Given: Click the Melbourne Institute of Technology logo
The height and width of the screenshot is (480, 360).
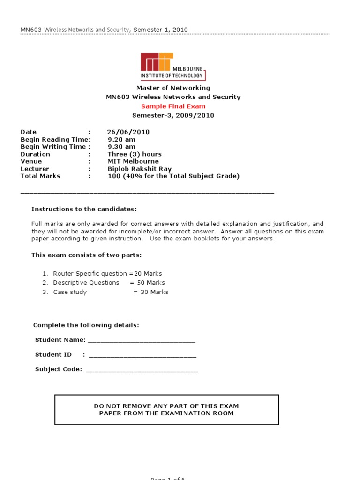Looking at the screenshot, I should coord(173,67).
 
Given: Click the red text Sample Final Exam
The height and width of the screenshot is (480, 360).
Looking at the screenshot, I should coord(173,106).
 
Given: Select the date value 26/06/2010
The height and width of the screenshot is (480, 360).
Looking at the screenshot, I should coord(128,132).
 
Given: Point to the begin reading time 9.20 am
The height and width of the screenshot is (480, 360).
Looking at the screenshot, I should coord(121,139).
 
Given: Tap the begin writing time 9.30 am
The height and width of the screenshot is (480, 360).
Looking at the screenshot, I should coord(121,147).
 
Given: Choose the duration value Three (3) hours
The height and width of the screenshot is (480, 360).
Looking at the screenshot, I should coord(135,154).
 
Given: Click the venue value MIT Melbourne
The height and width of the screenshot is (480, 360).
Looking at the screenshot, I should coord(133,161).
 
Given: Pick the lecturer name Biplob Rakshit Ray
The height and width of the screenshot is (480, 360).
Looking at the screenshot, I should coord(140,169).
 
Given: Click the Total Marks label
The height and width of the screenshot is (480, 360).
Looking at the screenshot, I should coord(40,176).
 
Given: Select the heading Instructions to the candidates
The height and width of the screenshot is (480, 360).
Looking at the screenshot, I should coord(84,209).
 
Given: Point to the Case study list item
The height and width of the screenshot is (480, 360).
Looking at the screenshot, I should coord(70,292).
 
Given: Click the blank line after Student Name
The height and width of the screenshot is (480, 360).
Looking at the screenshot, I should coord(142,341).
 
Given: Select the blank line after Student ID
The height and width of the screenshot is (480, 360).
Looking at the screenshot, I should coord(142,356).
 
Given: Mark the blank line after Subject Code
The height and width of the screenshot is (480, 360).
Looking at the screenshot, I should coord(142,370).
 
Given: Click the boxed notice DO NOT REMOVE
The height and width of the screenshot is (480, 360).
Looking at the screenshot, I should coord(166,409).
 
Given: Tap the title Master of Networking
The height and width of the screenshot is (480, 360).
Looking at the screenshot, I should coord(173,88).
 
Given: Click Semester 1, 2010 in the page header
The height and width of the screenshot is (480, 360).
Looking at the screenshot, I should coord(160,30).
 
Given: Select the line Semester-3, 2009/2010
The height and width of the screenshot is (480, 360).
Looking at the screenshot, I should coord(173,115).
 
